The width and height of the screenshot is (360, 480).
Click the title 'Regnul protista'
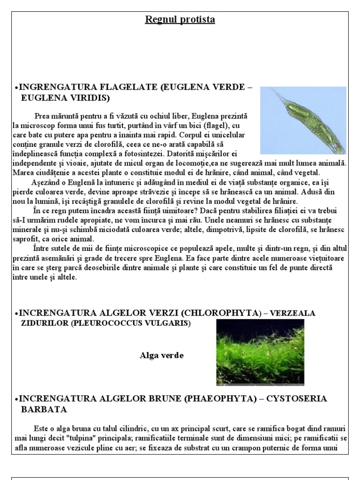pos(180,20)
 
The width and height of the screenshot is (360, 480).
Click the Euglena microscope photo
pos(303,120)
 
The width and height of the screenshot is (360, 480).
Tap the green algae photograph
pos(260,352)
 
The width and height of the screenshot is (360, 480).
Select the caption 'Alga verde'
pos(162,355)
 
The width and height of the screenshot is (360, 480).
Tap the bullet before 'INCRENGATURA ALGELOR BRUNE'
pos(16,399)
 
